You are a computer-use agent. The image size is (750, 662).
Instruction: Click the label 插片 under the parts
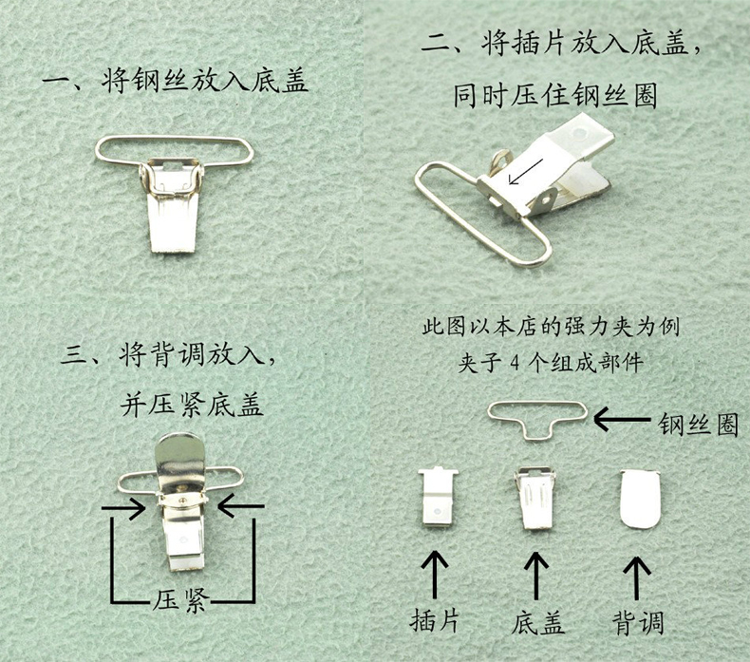[x=434, y=620]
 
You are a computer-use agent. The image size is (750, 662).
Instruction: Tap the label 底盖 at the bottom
[x=537, y=622]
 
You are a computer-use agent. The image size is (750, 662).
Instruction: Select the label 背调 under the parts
[x=639, y=622]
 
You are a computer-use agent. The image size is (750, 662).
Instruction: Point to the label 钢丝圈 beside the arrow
[x=698, y=424]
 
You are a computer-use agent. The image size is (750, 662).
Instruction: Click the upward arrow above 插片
[x=434, y=574]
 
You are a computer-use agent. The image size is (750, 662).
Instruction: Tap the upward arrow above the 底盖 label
[x=536, y=575]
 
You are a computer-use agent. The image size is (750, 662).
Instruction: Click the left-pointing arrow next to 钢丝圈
[x=622, y=419]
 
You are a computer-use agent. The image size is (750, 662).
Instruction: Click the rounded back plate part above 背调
[x=640, y=500]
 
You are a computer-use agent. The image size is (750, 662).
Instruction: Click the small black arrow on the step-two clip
[x=525, y=171]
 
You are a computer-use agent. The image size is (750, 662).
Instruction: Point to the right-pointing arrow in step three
[x=123, y=507]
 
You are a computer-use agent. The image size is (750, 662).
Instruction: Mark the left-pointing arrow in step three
[x=240, y=506]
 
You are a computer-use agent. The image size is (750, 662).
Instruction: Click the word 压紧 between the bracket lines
[x=180, y=598]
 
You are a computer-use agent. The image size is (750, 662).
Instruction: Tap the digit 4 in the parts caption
[x=515, y=364]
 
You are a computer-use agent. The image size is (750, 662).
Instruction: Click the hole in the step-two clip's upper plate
[x=580, y=130]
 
